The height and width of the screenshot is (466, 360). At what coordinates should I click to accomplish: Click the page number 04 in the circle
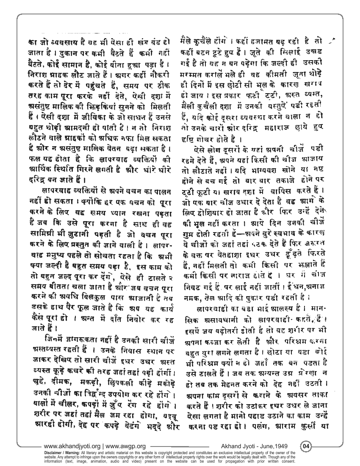pyautogui.click(x=306, y=446)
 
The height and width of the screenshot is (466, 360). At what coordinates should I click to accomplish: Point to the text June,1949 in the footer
pyautogui.click(x=276, y=446)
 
